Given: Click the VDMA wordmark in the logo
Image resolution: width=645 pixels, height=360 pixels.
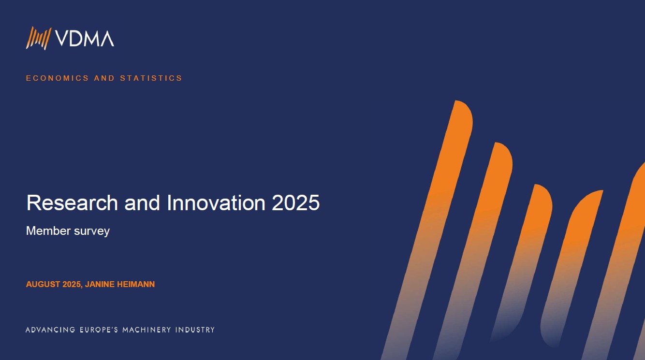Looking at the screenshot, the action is pyautogui.click(x=84, y=39).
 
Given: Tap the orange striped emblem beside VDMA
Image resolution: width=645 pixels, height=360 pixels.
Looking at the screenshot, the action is pyautogui.click(x=39, y=38).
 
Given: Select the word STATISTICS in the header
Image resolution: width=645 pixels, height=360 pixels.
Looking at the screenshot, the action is pyautogui.click(x=151, y=78).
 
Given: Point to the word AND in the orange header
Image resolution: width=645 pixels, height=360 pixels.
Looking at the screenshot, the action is pyautogui.click(x=104, y=78).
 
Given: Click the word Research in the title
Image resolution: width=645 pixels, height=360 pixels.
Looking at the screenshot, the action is pyautogui.click(x=72, y=203).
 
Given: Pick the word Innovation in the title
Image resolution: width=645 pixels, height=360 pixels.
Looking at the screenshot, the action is pyautogui.click(x=216, y=203).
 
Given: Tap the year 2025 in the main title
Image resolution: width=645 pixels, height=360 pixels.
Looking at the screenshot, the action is pyautogui.click(x=296, y=203).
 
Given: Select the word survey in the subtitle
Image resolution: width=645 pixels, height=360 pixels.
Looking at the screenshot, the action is pyautogui.click(x=92, y=231).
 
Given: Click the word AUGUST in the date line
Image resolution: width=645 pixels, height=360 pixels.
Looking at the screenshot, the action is pyautogui.click(x=43, y=284).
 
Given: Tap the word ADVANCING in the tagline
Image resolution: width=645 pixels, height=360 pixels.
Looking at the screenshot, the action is pyautogui.click(x=50, y=330).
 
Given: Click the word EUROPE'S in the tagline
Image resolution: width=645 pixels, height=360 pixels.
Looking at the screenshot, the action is pyautogui.click(x=99, y=330).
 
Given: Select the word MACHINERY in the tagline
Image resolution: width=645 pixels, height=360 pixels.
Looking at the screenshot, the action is pyautogui.click(x=147, y=330).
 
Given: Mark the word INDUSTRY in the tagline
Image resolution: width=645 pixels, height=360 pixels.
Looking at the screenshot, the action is pyautogui.click(x=195, y=330).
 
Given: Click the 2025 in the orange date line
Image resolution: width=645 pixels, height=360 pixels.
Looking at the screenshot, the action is pyautogui.click(x=72, y=284).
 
